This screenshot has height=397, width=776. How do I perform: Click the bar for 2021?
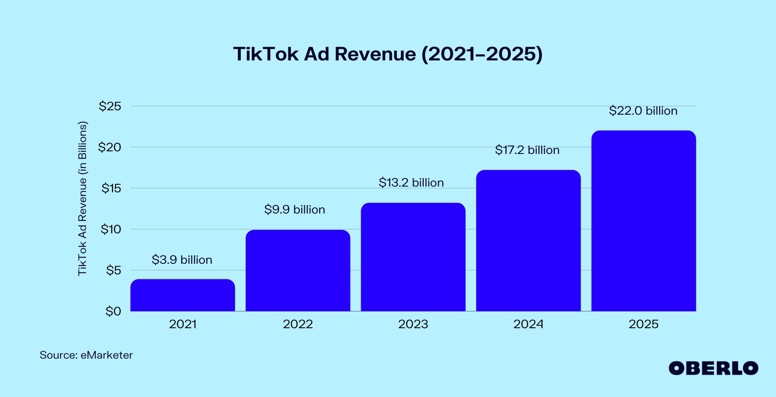tap(183, 295)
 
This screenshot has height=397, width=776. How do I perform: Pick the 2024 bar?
tap(528, 240)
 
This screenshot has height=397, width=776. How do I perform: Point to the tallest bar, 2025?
tap(643, 221)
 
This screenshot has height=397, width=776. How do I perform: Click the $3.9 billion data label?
tap(182, 260)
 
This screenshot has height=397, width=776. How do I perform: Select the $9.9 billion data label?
tap(295, 210)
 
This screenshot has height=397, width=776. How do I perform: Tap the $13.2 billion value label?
tap(411, 183)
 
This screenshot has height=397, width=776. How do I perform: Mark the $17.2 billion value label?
tap(527, 150)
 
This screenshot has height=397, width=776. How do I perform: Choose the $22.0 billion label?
tap(643, 111)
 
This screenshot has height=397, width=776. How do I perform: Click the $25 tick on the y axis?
tap(110, 106)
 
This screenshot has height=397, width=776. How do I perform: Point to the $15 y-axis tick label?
tap(111, 188)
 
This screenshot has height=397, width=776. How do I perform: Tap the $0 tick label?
tap(113, 311)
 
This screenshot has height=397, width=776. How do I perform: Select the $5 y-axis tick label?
tap(113, 270)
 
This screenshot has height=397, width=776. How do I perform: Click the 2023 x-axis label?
tap(413, 324)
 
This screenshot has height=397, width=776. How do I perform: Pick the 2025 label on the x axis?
tap(643, 324)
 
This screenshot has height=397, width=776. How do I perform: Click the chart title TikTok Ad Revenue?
tap(388, 54)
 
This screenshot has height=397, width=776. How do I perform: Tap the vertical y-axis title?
tap(82, 198)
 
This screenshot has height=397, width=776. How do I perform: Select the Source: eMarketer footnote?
tap(86, 355)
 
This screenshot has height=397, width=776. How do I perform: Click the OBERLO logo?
tap(713, 368)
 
